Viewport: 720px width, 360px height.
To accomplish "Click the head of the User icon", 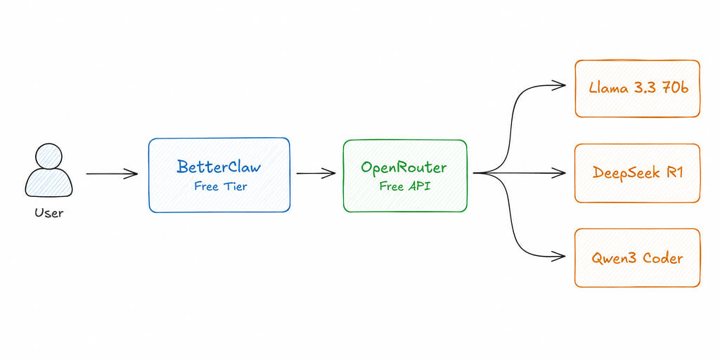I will (49, 156).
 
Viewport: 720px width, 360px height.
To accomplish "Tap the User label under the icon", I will (49, 212).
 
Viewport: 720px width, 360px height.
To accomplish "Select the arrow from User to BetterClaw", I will (112, 174).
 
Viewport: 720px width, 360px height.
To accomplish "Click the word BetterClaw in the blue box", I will (219, 167).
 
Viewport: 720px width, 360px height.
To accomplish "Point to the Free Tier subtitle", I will (220, 186).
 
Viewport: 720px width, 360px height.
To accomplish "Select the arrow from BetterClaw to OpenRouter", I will (315, 174).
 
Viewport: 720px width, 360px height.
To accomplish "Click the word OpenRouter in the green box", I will (404, 167).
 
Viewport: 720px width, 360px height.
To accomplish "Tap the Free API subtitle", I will (404, 186).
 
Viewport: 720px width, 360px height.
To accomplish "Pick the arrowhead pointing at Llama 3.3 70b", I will (560, 85).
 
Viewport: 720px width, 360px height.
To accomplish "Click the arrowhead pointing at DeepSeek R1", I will (560, 172).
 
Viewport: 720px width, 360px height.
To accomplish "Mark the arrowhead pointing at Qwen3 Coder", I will (560, 257).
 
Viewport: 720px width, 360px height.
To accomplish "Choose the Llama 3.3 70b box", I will (637, 89).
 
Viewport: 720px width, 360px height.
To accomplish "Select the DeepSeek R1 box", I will (637, 173).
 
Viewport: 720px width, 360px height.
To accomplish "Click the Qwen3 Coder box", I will (637, 257).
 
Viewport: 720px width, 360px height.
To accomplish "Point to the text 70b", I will (672, 89).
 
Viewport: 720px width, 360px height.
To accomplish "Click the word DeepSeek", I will (625, 173).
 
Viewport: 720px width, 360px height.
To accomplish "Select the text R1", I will (674, 173).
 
